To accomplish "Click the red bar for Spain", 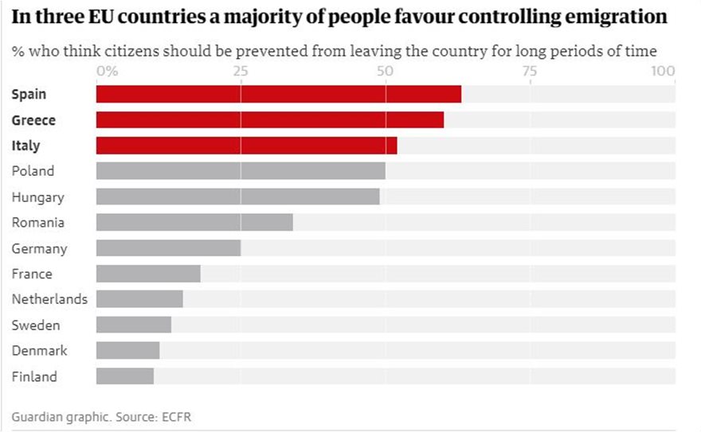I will [279, 94].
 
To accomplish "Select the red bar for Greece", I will [270, 120].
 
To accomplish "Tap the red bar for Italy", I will [246, 146].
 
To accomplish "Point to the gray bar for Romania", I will [194, 223].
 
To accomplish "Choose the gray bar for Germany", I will [168, 248].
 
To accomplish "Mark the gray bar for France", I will [148, 274].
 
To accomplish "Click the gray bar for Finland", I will [125, 376].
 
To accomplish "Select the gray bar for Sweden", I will [134, 325].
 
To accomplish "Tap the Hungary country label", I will [37, 197].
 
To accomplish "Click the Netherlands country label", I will [49, 299].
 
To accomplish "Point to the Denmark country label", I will [39, 351].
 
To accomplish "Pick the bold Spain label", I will [29, 94].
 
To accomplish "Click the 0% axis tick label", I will [107, 71].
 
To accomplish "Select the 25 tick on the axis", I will [241, 71].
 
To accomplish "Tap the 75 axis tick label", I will [530, 71].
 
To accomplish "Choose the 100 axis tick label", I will [663, 71].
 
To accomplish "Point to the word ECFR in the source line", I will [176, 417].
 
